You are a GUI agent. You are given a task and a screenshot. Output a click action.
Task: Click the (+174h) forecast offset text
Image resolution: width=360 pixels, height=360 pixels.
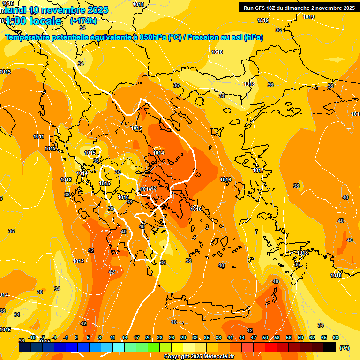83,21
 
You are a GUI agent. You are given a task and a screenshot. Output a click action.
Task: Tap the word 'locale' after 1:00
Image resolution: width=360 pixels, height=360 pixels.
45,21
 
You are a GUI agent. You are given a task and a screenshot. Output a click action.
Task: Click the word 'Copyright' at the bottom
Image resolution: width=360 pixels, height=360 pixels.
176,357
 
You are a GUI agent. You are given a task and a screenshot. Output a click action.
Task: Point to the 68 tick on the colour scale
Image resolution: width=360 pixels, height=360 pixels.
336,337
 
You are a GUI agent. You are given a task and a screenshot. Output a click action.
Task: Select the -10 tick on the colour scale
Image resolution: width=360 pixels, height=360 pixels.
32,337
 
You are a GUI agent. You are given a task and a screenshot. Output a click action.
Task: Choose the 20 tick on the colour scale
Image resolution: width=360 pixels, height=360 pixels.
148,337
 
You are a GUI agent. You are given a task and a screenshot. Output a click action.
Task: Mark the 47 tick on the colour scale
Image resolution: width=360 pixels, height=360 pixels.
254,337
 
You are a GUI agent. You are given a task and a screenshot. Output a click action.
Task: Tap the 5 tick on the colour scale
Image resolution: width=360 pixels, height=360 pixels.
88,337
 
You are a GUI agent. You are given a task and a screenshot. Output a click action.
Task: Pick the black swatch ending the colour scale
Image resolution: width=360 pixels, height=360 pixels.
330,347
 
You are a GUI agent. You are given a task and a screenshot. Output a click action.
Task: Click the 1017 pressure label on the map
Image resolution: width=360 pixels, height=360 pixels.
258,170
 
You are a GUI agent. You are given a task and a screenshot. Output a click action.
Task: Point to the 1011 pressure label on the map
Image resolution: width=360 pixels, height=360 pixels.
38,137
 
